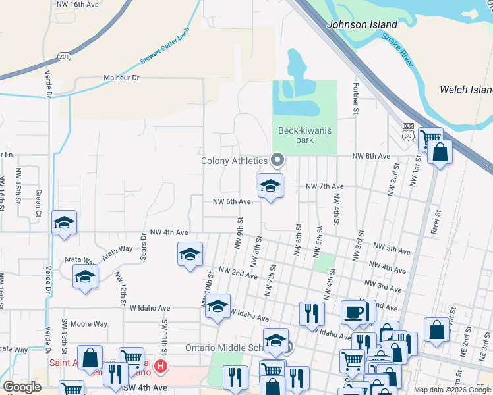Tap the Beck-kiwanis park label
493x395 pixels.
click(304, 136)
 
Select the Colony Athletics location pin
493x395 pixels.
click(278, 159)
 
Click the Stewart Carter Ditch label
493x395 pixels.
click(165, 46)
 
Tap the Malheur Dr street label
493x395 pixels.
click(122, 78)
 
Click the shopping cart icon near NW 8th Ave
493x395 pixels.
click(430, 138)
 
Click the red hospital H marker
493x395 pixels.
click(160, 365)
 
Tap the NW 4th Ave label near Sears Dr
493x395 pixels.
click(169, 232)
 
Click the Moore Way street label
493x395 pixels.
click(89, 324)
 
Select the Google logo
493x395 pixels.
click(22, 387)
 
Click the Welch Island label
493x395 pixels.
click(466, 90)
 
